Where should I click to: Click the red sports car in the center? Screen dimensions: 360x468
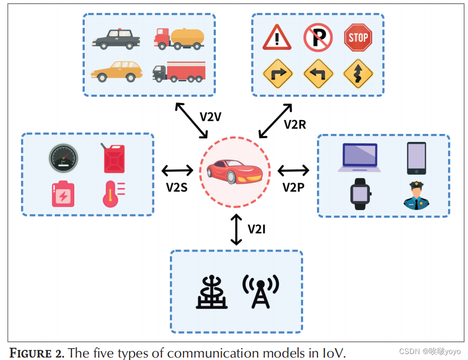(x=234, y=171)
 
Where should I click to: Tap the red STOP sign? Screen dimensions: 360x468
(x=358, y=37)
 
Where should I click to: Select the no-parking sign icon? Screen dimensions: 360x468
(x=317, y=37)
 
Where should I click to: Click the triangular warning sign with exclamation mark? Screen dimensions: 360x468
(x=277, y=37)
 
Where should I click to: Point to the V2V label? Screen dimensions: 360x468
(x=210, y=117)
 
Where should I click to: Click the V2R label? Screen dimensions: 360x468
(x=295, y=124)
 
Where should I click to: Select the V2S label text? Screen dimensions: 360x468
(x=176, y=187)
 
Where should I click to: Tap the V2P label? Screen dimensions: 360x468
(x=293, y=187)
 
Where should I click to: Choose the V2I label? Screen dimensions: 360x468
(x=257, y=229)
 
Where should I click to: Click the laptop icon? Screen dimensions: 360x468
(x=359, y=157)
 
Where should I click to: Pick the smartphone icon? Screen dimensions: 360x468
(x=416, y=158)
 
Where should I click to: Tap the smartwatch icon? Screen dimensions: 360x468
(x=360, y=193)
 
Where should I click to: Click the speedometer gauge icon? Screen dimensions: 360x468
(x=63, y=158)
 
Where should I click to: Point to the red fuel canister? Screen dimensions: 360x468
(x=114, y=158)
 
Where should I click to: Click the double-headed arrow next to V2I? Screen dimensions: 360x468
(x=236, y=229)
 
